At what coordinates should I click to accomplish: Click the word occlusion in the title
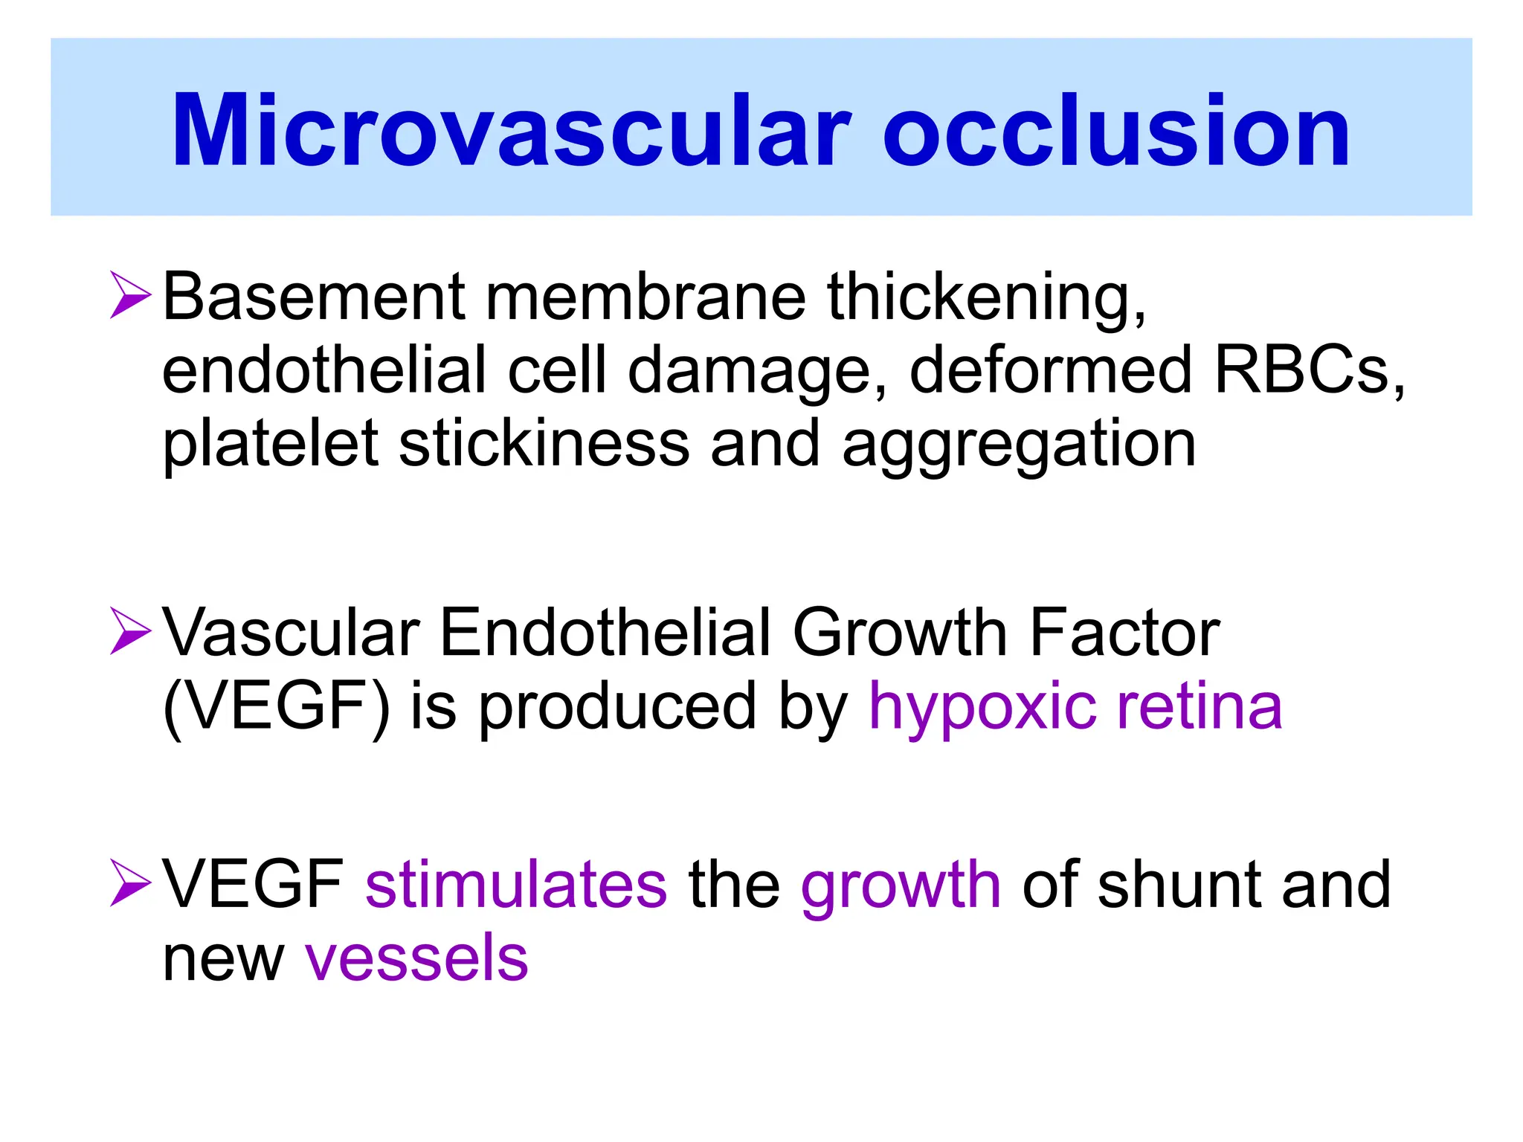click(x=1115, y=132)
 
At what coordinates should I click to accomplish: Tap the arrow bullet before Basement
click(x=131, y=295)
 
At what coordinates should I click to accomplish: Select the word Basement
click(x=313, y=297)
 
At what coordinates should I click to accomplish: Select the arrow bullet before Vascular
click(x=131, y=631)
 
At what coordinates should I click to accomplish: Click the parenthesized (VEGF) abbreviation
click(x=276, y=707)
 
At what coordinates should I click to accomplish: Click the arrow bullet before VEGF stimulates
click(x=131, y=883)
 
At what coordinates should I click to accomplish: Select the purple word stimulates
click(x=516, y=885)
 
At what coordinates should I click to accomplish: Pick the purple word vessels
click(x=416, y=959)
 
